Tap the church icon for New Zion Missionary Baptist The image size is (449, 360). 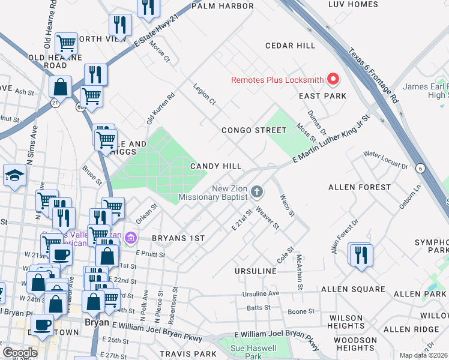[x=257, y=192]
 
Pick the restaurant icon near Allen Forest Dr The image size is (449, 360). [x=361, y=254]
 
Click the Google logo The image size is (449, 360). [x=20, y=353]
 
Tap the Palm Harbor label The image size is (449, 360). [x=223, y=6]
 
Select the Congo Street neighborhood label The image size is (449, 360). [x=254, y=130]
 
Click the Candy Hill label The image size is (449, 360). [x=216, y=166]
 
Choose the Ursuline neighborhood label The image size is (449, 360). [x=255, y=271]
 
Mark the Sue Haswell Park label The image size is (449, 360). [x=253, y=352]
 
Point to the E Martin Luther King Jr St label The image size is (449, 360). [x=330, y=139]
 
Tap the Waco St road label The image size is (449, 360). [x=286, y=205]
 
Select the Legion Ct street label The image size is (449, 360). [x=204, y=94]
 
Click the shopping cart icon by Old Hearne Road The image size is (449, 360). [x=66, y=44]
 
